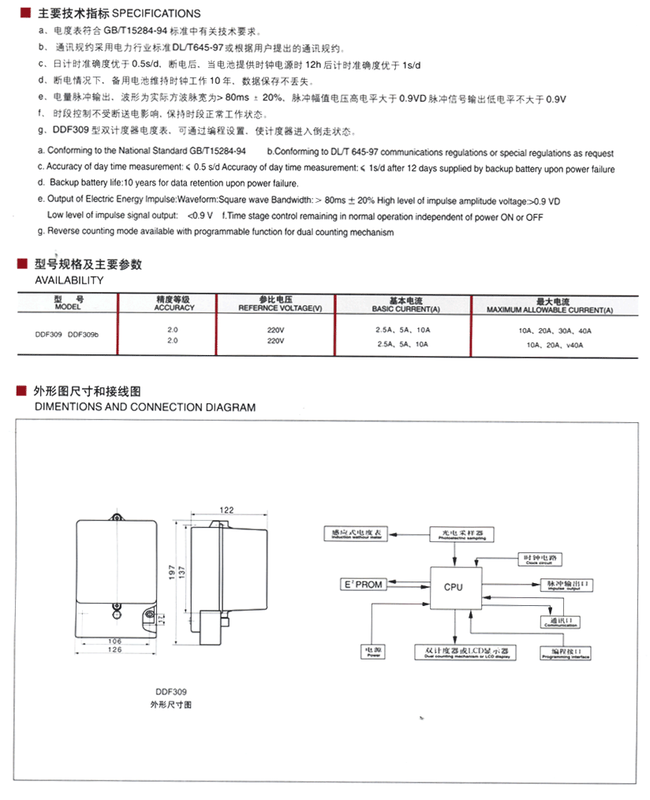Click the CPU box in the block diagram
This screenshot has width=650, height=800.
454,586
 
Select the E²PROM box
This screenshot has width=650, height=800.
361,585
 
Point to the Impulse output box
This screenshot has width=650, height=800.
567,585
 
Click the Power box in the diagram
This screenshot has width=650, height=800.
373,652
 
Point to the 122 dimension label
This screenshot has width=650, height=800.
227,510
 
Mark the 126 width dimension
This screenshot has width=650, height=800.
114,650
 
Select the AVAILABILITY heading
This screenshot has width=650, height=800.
69,280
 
